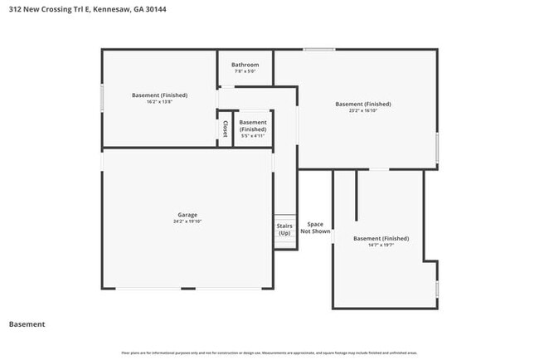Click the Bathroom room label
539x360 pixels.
click(x=245, y=65)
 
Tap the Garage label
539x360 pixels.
click(x=187, y=215)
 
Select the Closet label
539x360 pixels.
click(x=225, y=129)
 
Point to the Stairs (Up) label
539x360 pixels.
click(x=284, y=229)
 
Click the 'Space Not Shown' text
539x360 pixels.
click(x=315, y=228)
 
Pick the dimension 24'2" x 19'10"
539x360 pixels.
click(x=187, y=221)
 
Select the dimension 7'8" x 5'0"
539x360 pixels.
click(x=245, y=71)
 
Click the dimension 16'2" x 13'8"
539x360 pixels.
click(x=159, y=102)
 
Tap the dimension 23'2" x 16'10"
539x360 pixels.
click(x=362, y=110)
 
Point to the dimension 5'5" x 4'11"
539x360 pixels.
click(x=253, y=136)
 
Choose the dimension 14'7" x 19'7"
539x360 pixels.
click(x=381, y=246)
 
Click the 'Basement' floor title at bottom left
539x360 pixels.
click(x=27, y=324)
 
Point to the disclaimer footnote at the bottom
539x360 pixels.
click(x=269, y=352)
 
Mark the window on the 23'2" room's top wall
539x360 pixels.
click(x=318, y=50)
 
